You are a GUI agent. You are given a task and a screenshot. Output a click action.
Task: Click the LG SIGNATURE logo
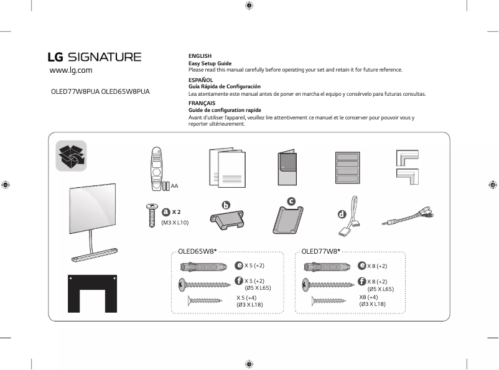pyautogui.click(x=95, y=57)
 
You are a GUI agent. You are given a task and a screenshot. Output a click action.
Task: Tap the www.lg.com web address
pyautogui.click(x=71, y=71)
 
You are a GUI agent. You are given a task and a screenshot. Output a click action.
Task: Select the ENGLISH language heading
pyautogui.click(x=200, y=56)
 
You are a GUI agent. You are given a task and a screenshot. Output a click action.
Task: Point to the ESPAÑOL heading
pyautogui.click(x=200, y=80)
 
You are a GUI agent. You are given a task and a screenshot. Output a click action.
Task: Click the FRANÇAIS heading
pyautogui.click(x=202, y=103)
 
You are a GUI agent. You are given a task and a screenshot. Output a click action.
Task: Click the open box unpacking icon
pyautogui.click(x=71, y=155)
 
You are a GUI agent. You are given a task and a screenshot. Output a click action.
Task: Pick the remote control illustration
pyautogui.click(x=156, y=168)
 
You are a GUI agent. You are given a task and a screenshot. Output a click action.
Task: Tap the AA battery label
pyautogui.click(x=175, y=186)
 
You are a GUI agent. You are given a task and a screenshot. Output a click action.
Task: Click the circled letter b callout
pyautogui.click(x=226, y=205)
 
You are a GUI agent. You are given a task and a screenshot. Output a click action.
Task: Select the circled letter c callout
pyautogui.click(x=291, y=200)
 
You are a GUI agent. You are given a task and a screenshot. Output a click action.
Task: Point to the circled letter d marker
pyautogui.click(x=341, y=215)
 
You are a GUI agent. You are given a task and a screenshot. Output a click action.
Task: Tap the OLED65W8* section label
pyautogui.click(x=197, y=252)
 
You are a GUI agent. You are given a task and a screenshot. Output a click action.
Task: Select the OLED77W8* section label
pyautogui.click(x=320, y=252)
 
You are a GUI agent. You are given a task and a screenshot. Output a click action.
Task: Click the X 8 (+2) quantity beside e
pyautogui.click(x=377, y=266)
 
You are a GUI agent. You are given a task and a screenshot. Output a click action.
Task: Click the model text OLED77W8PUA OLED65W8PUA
pyautogui.click(x=100, y=91)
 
